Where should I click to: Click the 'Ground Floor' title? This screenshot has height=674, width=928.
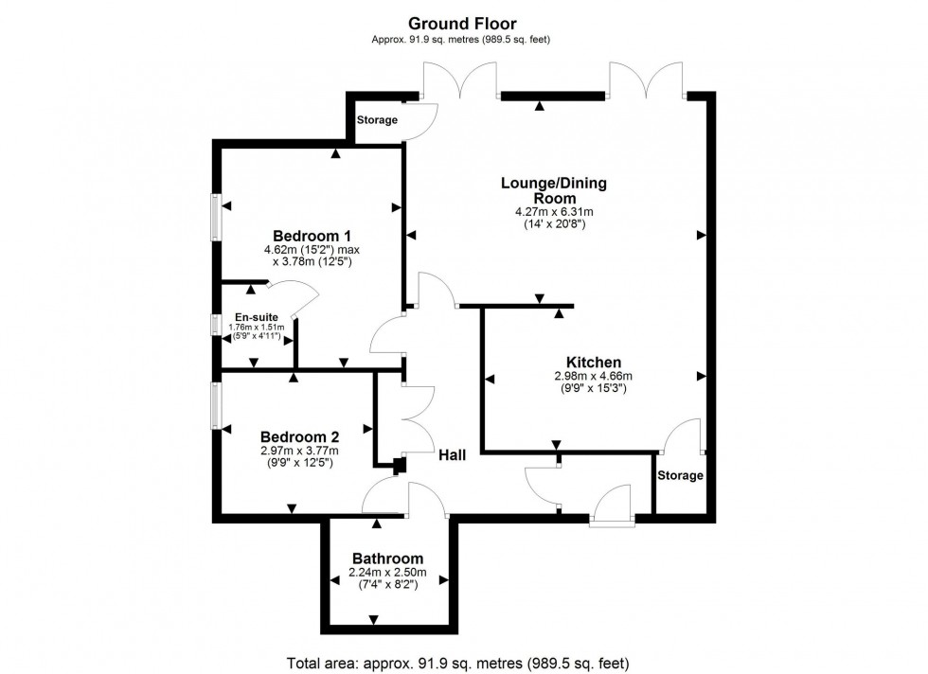462,23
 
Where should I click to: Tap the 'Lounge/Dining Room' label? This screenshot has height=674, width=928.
553,190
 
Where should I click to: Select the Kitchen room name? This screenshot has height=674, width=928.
593,363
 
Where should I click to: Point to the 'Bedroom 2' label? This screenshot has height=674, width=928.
299,436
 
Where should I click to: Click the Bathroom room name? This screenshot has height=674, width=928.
387,559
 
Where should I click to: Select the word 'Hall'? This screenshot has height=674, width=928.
452,455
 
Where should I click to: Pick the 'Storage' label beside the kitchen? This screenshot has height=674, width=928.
680,475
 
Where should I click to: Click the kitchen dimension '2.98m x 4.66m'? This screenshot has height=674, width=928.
593,376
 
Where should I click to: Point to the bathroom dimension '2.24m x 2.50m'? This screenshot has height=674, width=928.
387,572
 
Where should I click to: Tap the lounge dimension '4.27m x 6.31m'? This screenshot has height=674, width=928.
553,212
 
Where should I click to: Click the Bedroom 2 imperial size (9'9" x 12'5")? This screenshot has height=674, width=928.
299,463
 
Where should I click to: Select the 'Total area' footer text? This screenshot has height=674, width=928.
457,663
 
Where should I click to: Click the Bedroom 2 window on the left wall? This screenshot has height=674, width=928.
217,405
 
